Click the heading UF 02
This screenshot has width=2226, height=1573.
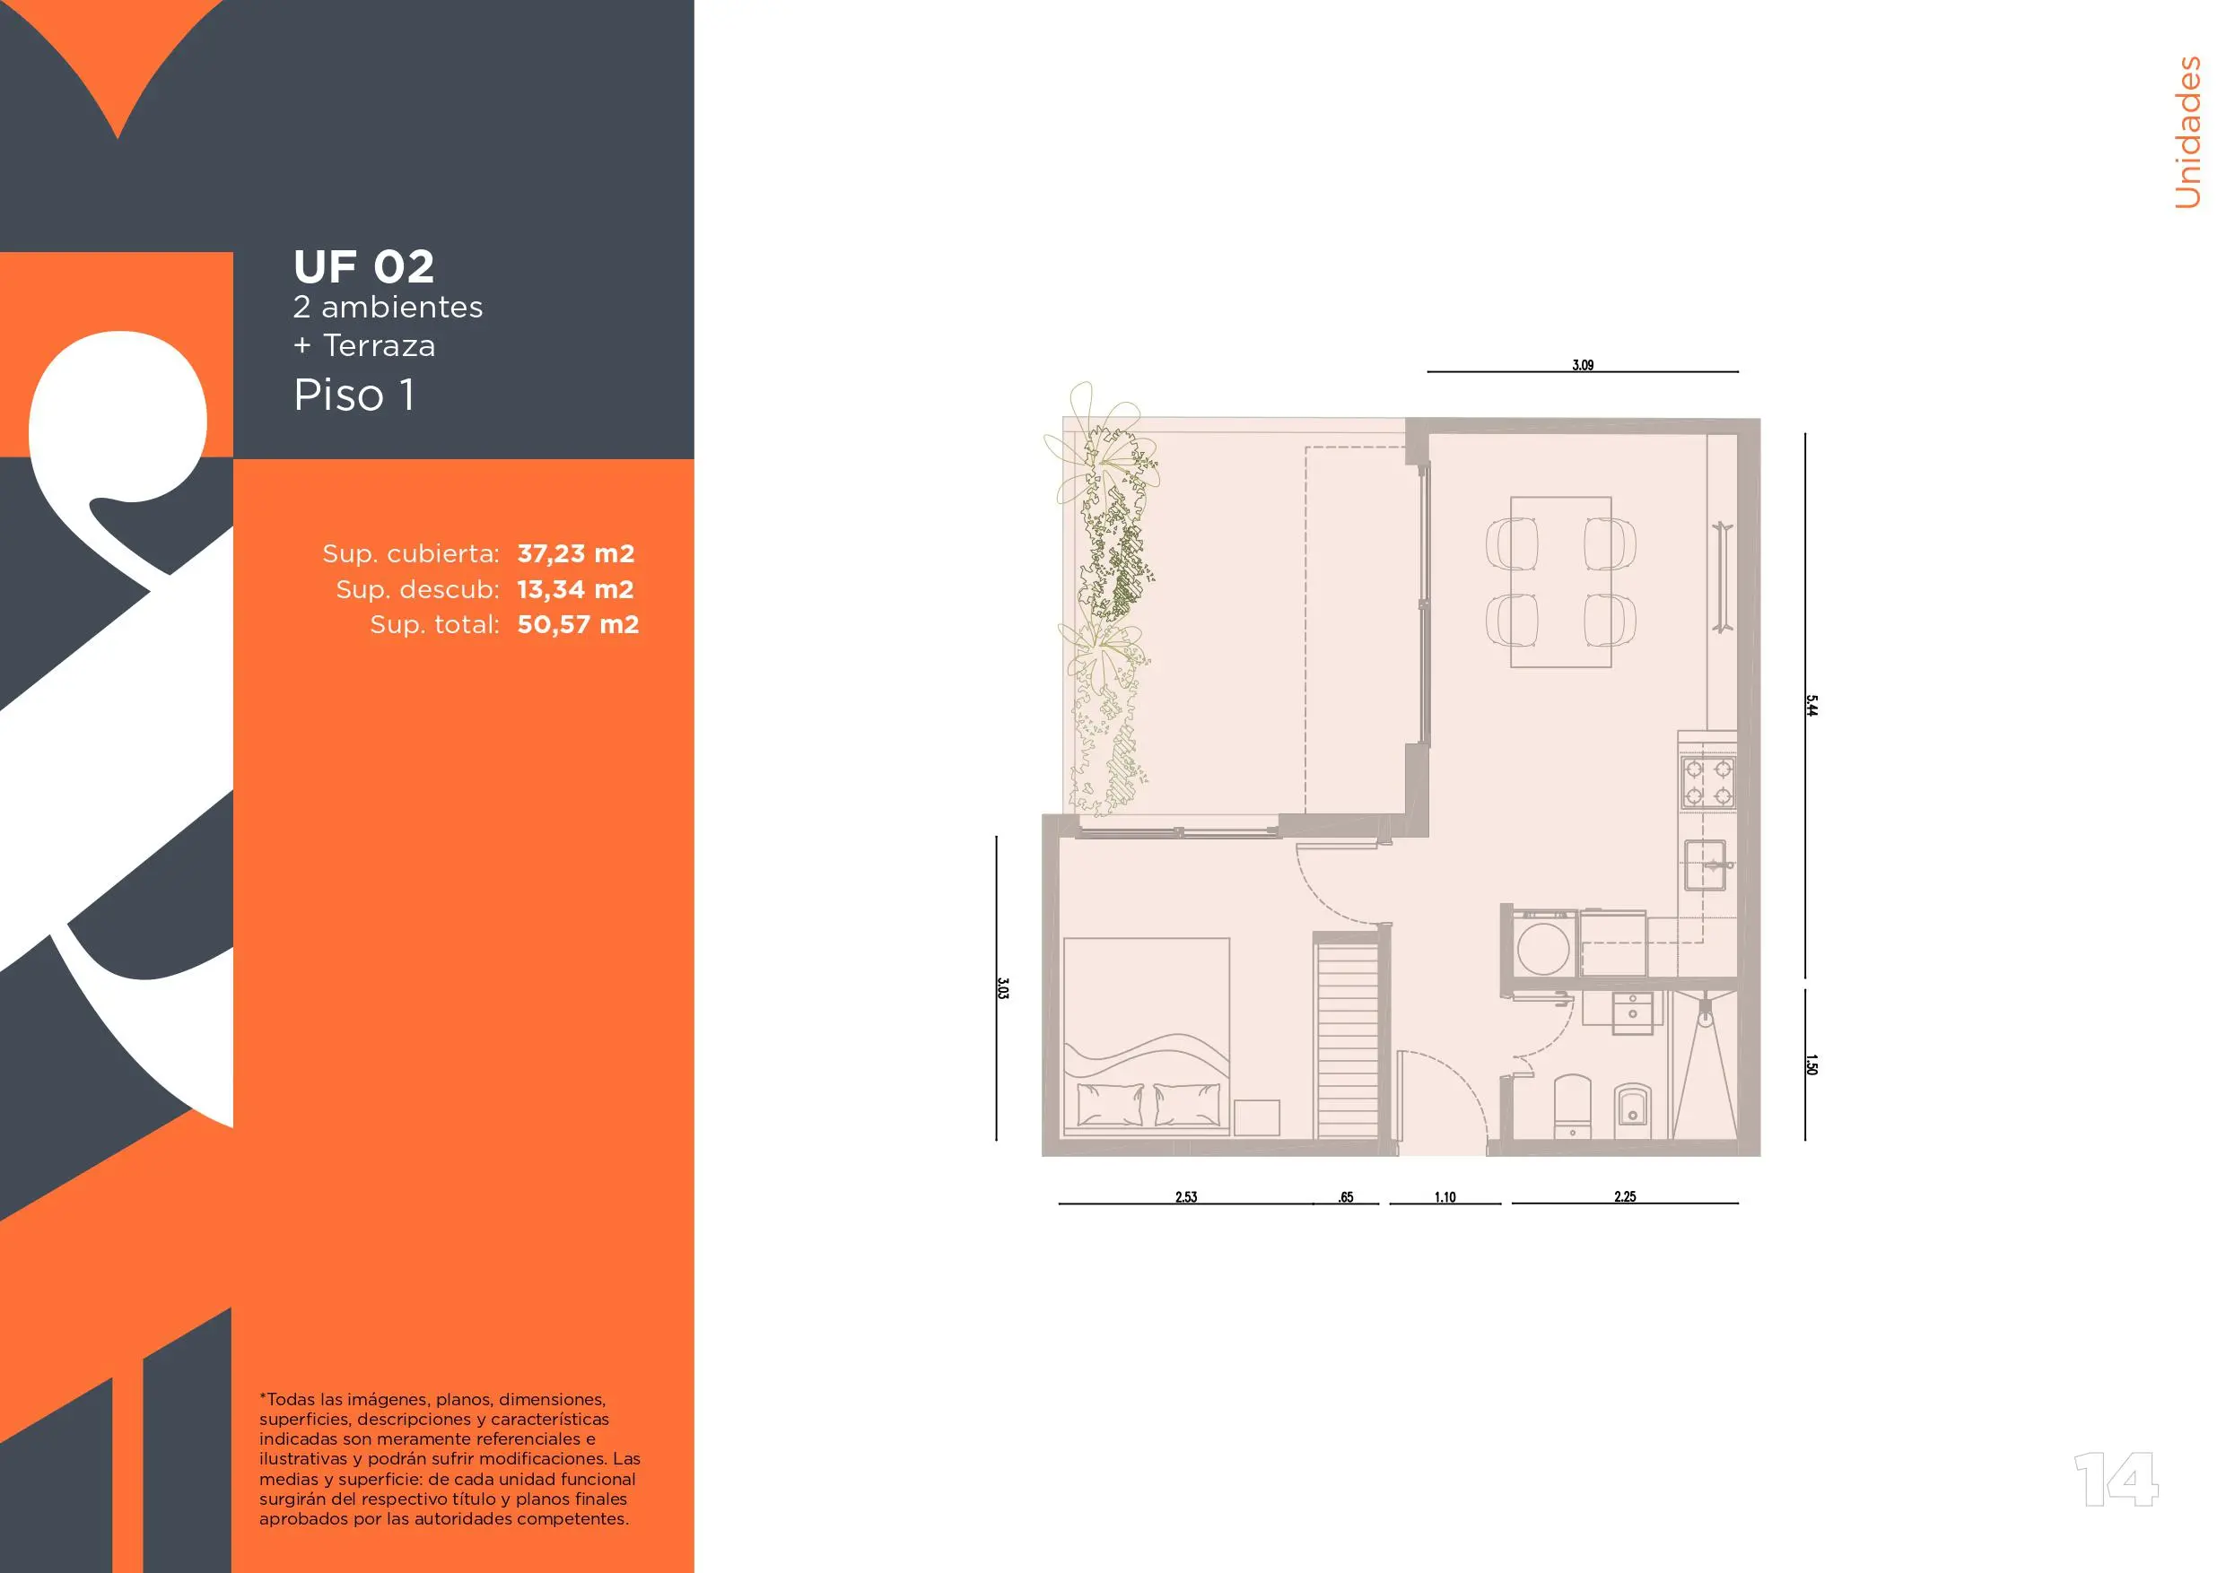363,266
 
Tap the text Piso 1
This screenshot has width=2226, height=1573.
354,395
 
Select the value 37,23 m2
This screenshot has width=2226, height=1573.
576,553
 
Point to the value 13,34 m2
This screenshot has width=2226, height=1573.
575,589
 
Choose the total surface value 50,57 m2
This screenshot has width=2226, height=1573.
578,624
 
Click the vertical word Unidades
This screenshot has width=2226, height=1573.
2187,132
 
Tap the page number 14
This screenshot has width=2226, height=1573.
2116,1480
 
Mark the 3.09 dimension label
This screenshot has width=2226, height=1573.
1582,365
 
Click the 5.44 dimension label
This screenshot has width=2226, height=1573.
1811,706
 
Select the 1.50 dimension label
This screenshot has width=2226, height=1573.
1811,1065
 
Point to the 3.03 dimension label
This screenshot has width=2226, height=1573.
1002,988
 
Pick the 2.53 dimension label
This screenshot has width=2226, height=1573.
1186,1197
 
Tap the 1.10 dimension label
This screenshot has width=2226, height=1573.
1445,1197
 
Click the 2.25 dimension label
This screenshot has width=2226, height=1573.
1625,1197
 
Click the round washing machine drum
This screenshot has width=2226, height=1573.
1543,949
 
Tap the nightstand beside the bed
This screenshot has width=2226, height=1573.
1256,1117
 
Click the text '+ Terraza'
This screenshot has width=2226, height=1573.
364,346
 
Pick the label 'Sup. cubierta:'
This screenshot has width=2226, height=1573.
411,553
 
